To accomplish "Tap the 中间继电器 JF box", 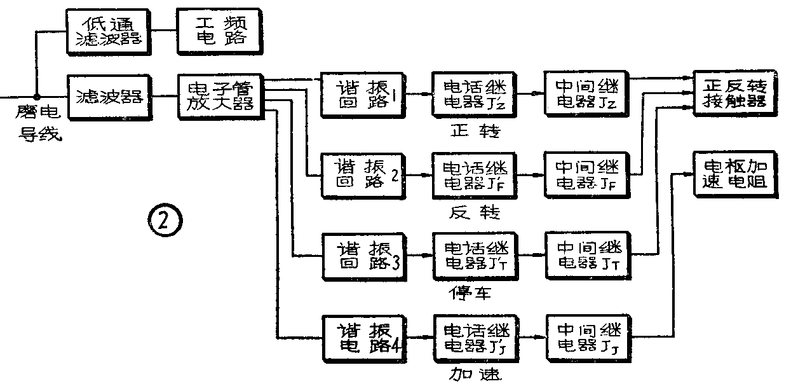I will [x=585, y=174].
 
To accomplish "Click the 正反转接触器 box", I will [x=734, y=93].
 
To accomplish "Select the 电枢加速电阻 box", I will [x=734, y=174].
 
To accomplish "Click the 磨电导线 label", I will [x=39, y=125].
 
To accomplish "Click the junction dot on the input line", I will [x=38, y=97].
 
